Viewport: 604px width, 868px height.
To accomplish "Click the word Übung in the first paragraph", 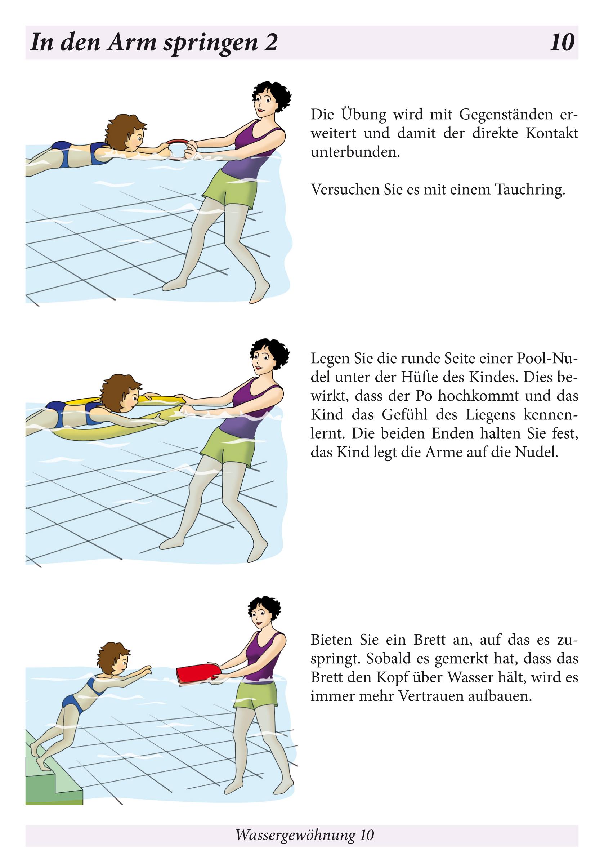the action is click(x=364, y=114).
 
